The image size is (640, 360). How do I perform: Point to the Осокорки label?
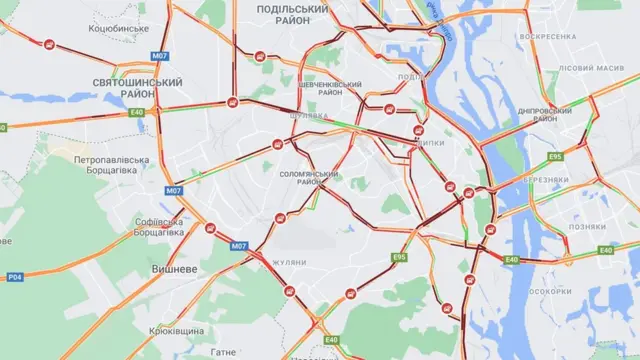click(549, 292)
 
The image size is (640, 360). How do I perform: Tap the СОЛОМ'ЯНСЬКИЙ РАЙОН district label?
click(309, 179)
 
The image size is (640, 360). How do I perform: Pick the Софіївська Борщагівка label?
click(159, 227)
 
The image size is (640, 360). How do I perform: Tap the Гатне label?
click(224, 352)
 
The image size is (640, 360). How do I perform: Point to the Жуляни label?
click(290, 262)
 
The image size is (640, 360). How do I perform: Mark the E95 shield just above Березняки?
click(554, 157)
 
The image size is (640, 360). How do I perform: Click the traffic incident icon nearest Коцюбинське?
click(49, 43)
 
